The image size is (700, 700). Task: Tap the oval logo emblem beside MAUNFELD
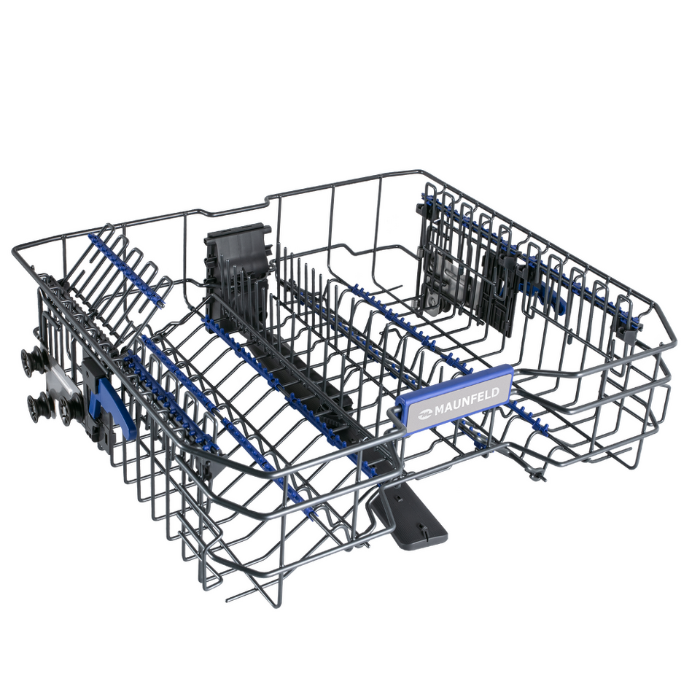click(x=424, y=414)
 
